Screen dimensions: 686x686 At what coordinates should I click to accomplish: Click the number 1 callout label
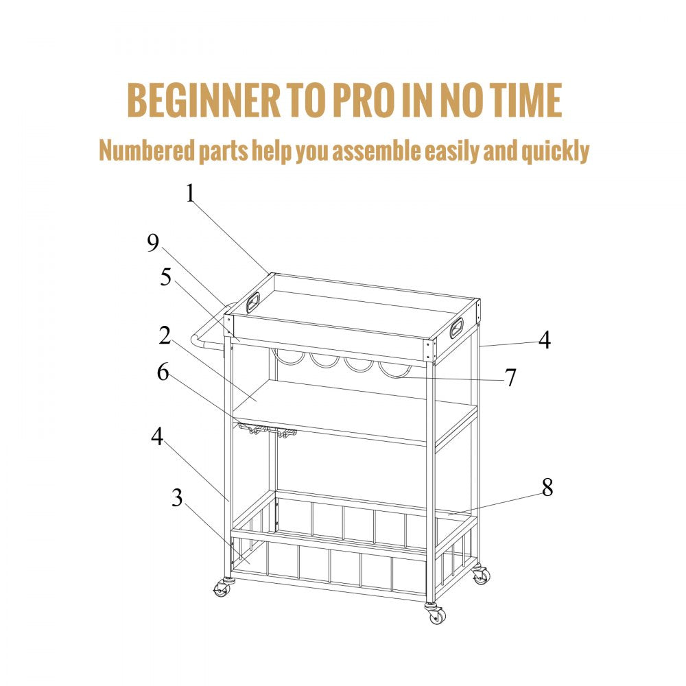click(190, 194)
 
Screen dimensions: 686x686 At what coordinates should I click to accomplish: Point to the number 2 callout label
click(164, 335)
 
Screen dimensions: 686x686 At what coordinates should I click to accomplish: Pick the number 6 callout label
click(163, 372)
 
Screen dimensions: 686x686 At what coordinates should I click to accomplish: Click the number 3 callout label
click(177, 499)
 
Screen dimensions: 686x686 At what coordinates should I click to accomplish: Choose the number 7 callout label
click(510, 377)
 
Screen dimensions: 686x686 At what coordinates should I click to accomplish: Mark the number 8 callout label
click(547, 488)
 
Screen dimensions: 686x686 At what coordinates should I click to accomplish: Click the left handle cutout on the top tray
click(254, 300)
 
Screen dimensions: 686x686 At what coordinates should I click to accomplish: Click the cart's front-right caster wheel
click(435, 614)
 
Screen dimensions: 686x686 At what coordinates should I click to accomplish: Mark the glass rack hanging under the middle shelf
click(268, 431)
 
